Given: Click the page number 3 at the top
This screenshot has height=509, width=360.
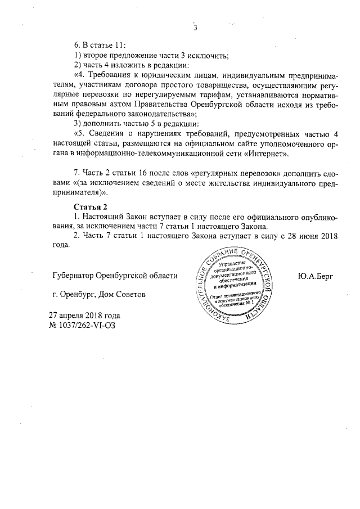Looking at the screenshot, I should (x=196, y=29).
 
